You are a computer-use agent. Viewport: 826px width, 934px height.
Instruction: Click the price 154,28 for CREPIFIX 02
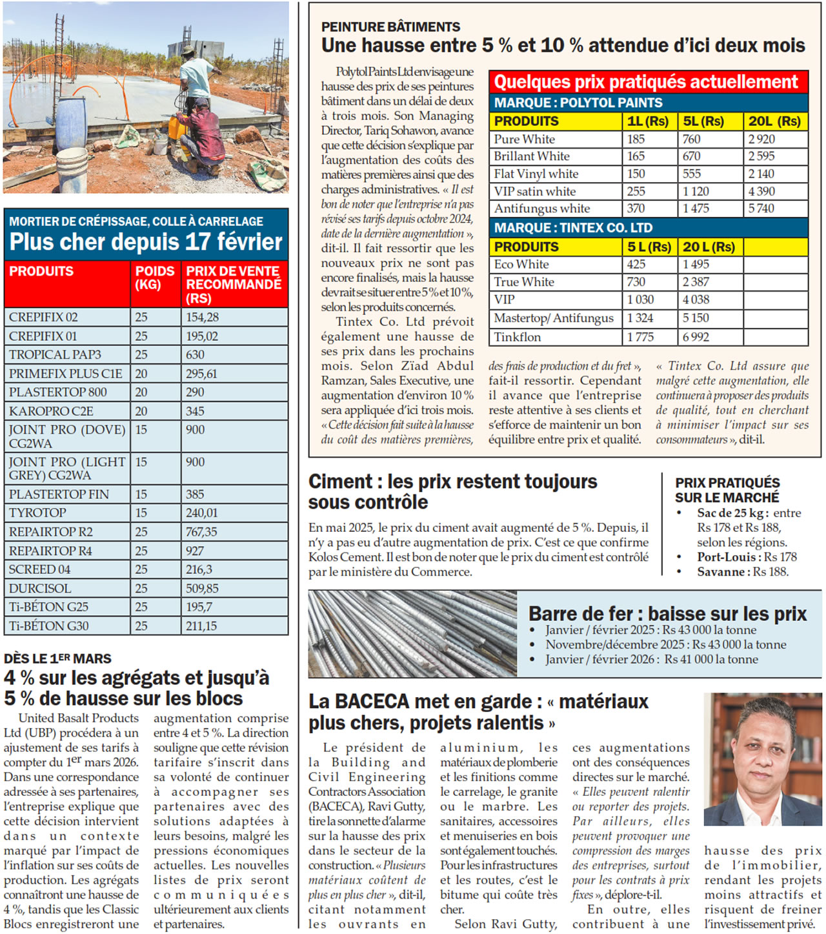point(202,317)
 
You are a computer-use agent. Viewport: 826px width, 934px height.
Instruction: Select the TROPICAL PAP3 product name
point(55,354)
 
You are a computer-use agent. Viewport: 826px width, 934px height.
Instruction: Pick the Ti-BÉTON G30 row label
point(49,625)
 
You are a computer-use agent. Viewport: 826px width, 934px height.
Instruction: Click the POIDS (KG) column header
point(154,278)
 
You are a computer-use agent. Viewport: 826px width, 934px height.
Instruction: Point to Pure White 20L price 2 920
point(761,139)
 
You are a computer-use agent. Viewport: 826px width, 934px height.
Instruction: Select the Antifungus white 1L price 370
point(636,208)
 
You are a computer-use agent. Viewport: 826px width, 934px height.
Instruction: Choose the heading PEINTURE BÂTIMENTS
point(390,26)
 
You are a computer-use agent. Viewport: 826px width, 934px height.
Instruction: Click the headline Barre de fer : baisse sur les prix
point(667,613)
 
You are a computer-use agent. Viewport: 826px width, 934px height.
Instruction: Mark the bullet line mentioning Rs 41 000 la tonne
point(651,659)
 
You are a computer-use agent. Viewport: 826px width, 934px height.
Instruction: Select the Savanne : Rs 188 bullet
point(742,571)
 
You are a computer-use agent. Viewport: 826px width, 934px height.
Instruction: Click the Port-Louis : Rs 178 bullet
point(747,556)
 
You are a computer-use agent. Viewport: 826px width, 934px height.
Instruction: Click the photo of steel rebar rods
point(412,633)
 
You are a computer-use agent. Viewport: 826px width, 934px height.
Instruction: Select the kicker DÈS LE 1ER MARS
point(57,658)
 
